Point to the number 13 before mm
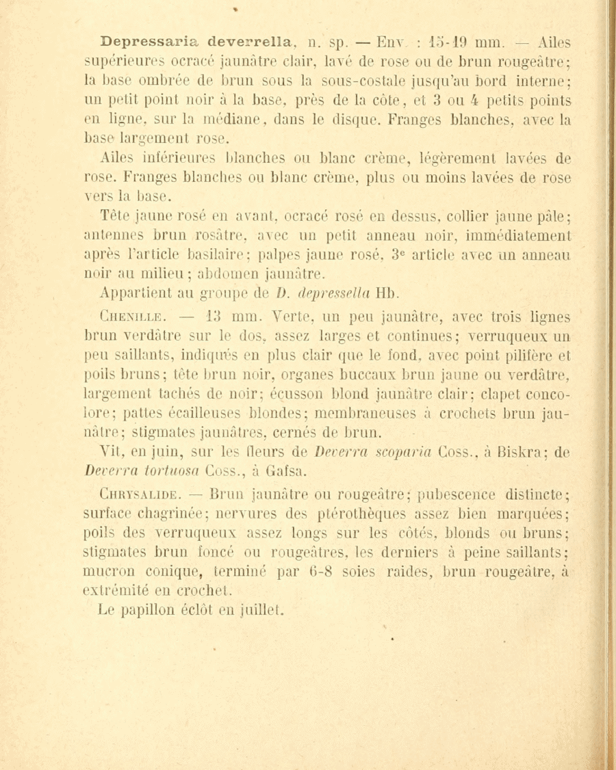[x=198, y=317]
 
